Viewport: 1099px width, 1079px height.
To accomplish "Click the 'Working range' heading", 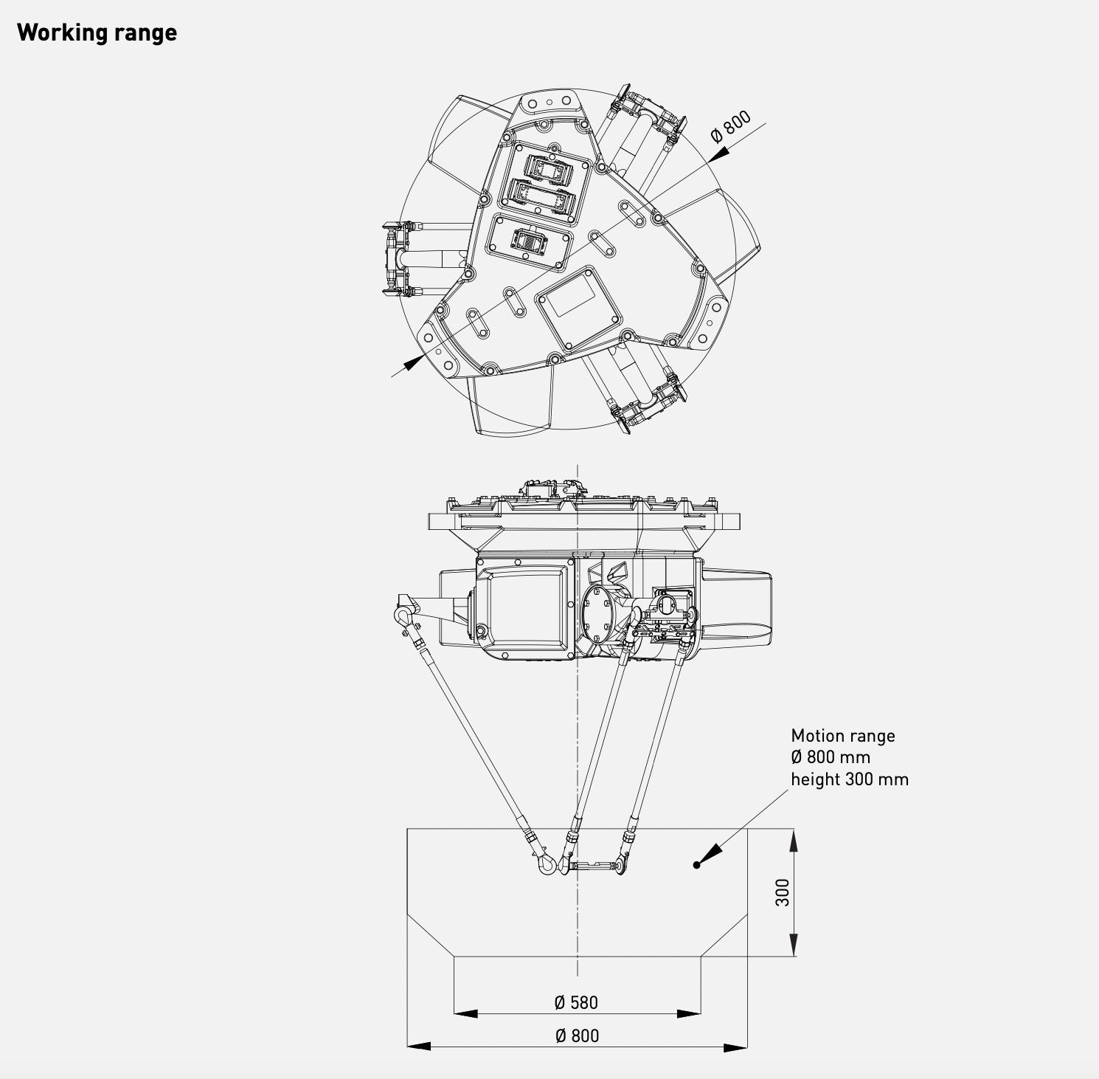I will (x=97, y=32).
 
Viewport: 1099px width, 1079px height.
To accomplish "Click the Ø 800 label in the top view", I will (x=730, y=126).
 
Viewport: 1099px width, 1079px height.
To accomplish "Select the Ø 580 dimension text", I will (x=576, y=1002).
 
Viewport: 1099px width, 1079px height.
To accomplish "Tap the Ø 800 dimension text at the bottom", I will (x=577, y=1035).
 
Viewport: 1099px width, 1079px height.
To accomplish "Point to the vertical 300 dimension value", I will (x=783, y=892).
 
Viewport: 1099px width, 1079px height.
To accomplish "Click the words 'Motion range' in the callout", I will (x=842, y=736).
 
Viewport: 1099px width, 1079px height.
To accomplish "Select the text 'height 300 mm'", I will (x=849, y=779).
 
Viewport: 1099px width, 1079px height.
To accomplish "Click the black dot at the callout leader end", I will (x=696, y=864).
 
